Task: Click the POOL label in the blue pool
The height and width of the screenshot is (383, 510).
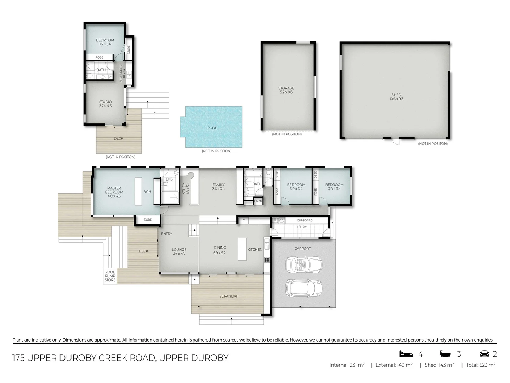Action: pyautogui.click(x=212, y=128)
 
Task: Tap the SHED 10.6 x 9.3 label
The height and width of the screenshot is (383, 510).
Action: pyautogui.click(x=396, y=97)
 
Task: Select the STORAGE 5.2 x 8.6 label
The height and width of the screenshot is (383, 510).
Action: pyautogui.click(x=286, y=90)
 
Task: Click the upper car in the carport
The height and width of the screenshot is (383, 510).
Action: pyautogui.click(x=304, y=264)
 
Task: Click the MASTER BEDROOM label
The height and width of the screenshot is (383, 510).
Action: pyautogui.click(x=114, y=192)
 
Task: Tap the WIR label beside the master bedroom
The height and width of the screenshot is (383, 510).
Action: pyautogui.click(x=147, y=191)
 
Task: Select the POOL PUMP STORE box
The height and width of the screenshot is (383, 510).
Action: pyautogui.click(x=110, y=276)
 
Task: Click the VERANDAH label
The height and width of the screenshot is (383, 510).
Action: pyautogui.click(x=229, y=296)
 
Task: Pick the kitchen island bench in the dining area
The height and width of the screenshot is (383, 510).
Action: pyautogui.click(x=242, y=249)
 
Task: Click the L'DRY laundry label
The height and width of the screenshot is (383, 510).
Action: pyautogui.click(x=302, y=227)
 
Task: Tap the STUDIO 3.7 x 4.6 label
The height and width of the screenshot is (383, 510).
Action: pyautogui.click(x=105, y=104)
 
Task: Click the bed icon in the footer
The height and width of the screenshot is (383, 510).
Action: pyautogui.click(x=406, y=354)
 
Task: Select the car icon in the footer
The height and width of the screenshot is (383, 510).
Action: pyautogui.click(x=484, y=354)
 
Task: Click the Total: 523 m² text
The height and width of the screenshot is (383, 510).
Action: pyautogui.click(x=481, y=365)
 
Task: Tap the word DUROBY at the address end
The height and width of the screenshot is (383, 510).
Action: pyautogui.click(x=210, y=358)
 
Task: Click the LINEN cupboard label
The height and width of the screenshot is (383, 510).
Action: pyautogui.click(x=258, y=201)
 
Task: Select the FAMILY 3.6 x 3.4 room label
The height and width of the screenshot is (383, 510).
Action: pyautogui.click(x=219, y=187)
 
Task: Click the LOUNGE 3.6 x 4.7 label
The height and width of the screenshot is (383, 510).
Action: pyautogui.click(x=179, y=251)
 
